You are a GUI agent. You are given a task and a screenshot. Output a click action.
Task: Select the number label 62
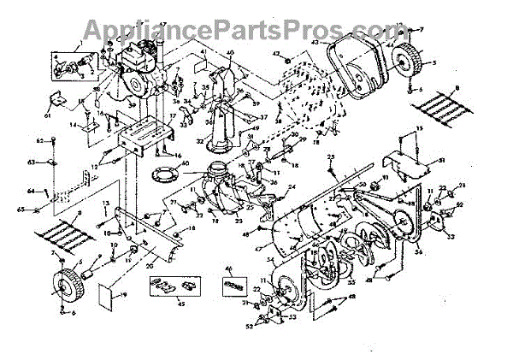39,139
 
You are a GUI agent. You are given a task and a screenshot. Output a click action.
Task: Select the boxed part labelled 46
236,285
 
